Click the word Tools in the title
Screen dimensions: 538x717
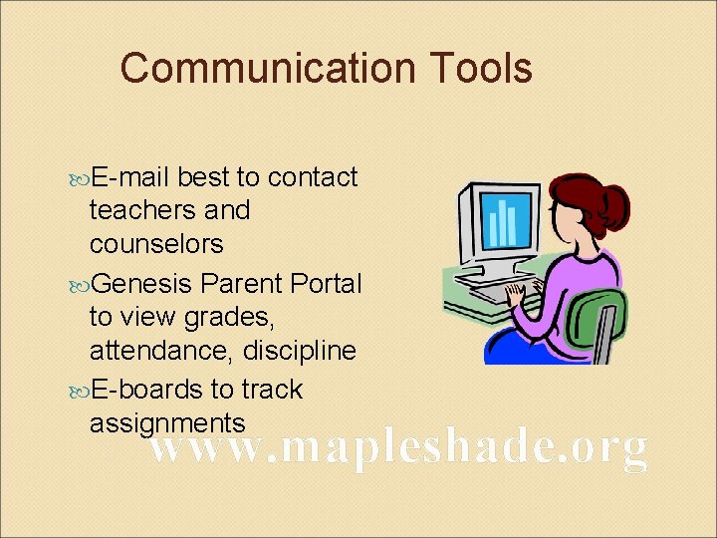coord(482,69)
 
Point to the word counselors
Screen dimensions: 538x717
coord(156,244)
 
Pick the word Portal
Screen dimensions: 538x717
coord(326,284)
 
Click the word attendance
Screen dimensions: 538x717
coord(153,351)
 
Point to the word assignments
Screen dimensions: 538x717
coord(167,422)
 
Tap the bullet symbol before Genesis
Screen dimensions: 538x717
coord(81,285)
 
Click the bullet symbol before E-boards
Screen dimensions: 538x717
coord(81,390)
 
